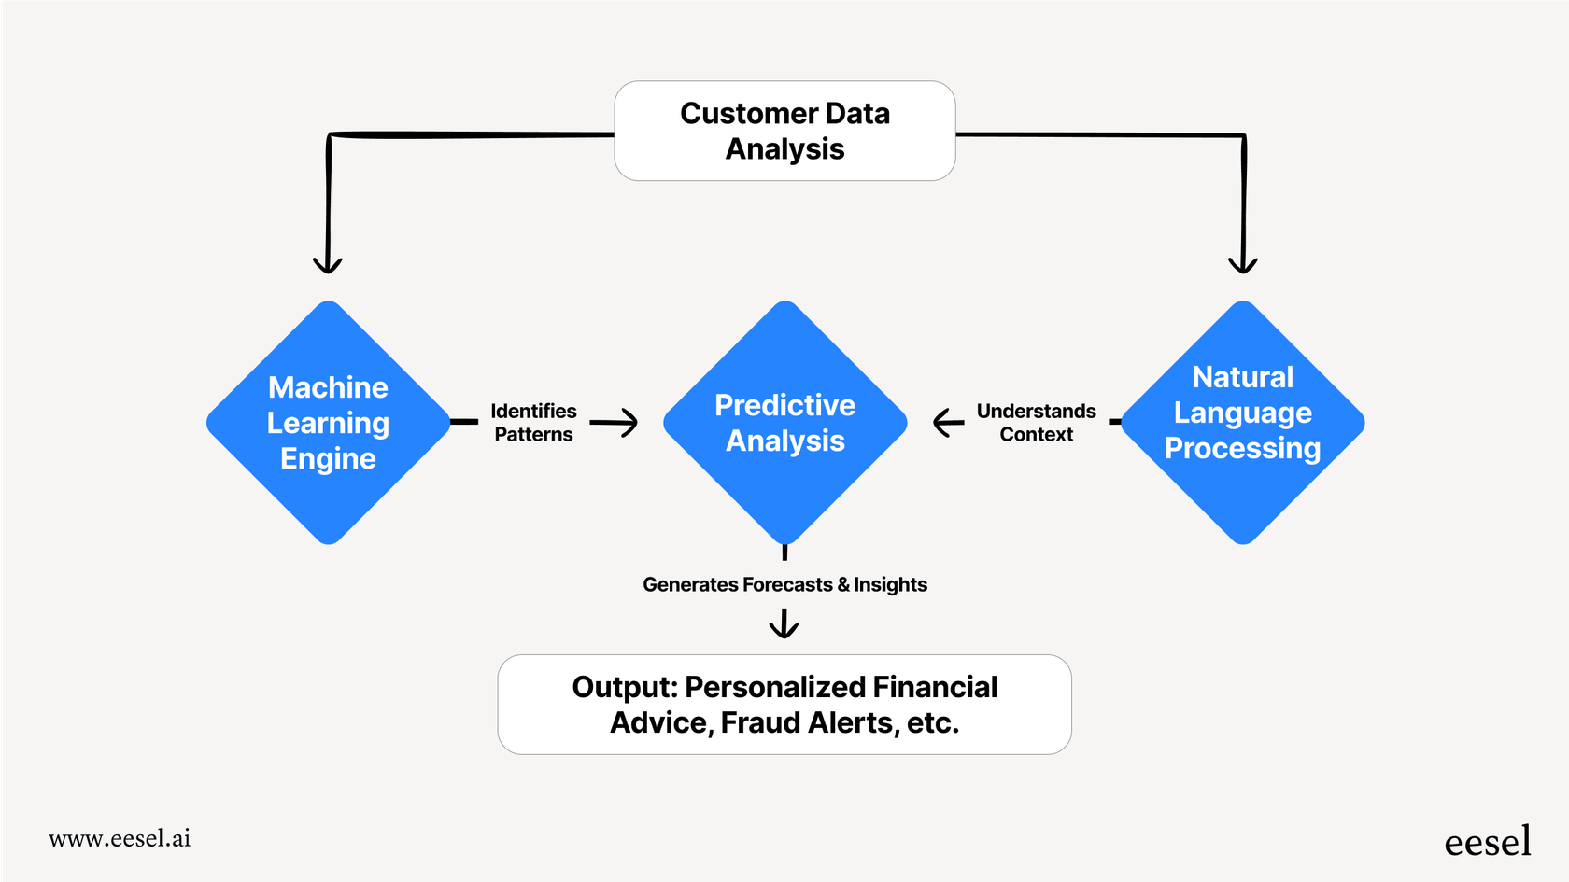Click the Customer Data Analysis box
coord(784,131)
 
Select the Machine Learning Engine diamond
coord(328,423)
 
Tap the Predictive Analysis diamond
coord(784,423)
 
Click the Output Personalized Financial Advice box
coord(784,705)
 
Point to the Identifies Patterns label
coord(533,423)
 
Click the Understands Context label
coord(1036,423)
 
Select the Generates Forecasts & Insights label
coord(784,584)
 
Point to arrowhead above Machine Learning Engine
coord(327,263)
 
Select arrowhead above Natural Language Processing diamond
coord(1242,263)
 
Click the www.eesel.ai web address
coord(120,838)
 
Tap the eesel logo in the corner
coord(1487,842)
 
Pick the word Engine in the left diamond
coord(328,458)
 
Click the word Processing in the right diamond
coord(1242,448)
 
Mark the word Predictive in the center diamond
coord(784,405)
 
